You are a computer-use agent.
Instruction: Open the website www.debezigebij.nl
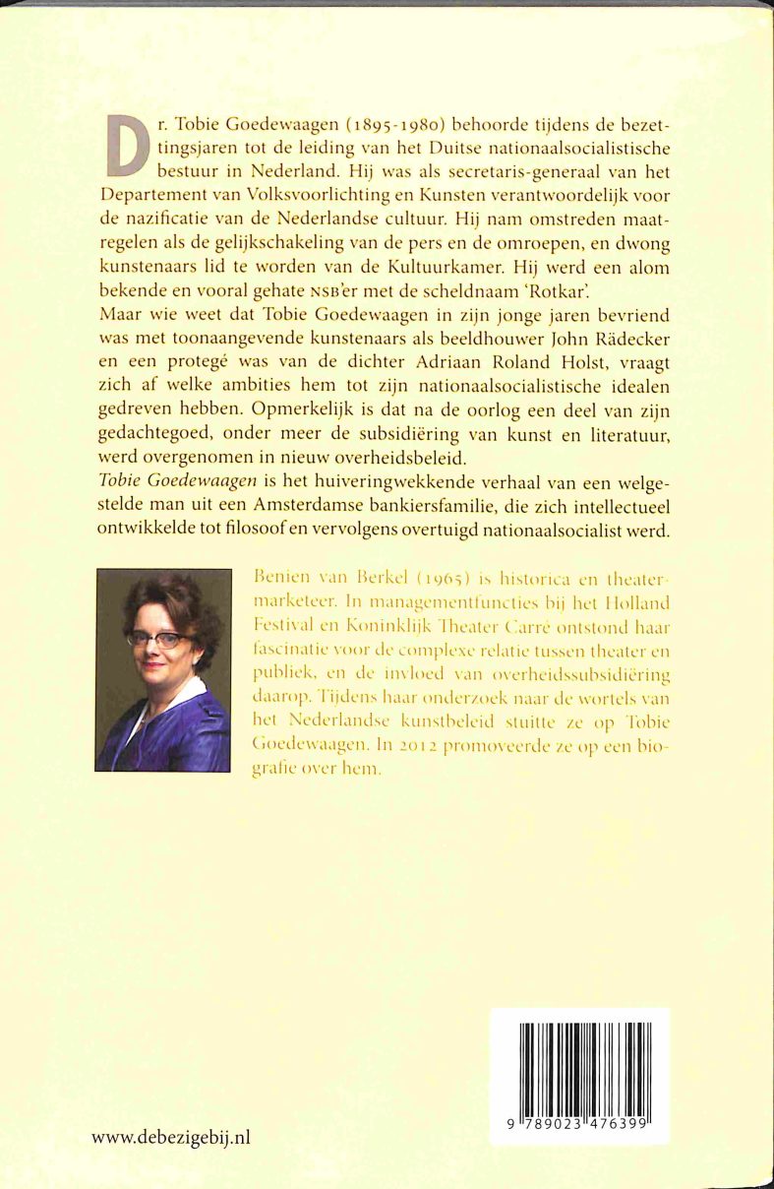click(x=171, y=1138)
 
